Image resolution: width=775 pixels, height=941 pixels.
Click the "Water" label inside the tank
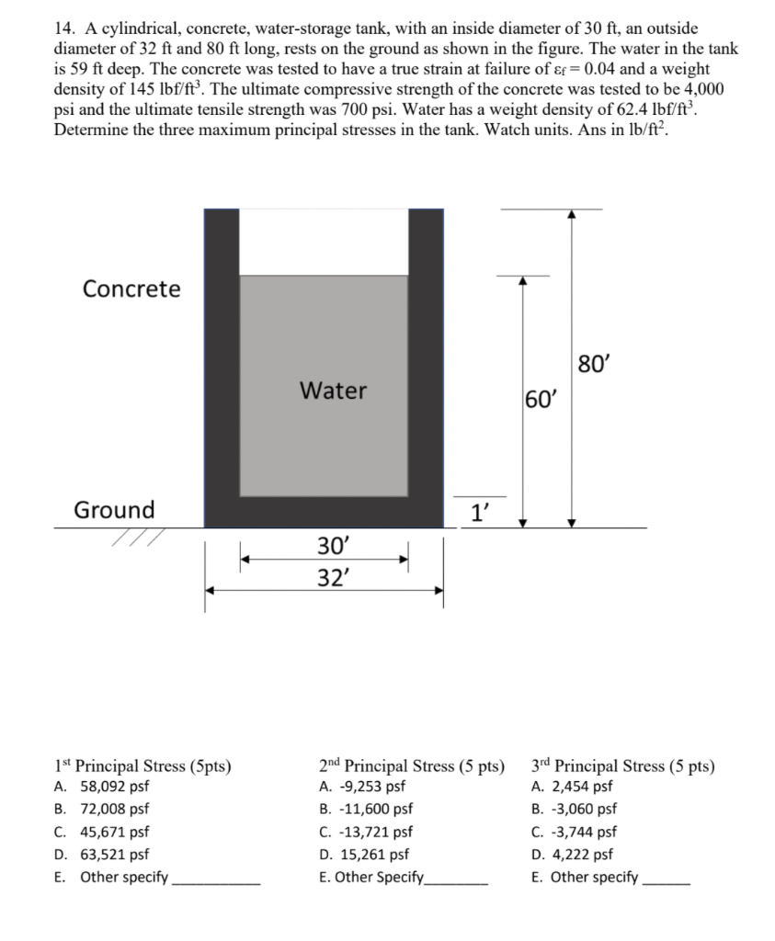[x=333, y=391]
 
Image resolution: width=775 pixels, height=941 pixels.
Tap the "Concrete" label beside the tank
[x=131, y=289]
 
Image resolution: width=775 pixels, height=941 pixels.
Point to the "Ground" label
[x=114, y=509]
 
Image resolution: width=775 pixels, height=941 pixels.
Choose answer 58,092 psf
[x=114, y=787]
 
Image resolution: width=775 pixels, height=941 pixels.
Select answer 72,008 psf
[x=114, y=810]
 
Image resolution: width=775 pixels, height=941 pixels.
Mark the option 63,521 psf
[x=114, y=855]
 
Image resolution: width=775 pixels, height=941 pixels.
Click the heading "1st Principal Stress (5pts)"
[x=142, y=765]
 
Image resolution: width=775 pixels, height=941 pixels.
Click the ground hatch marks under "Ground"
[x=136, y=537]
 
